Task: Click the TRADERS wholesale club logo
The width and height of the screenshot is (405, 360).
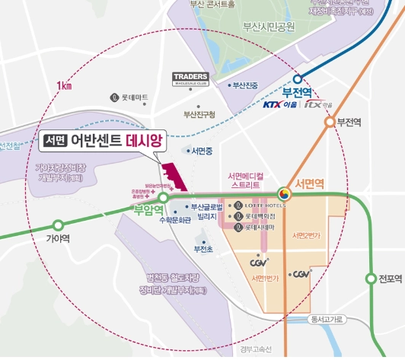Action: pos(191,80)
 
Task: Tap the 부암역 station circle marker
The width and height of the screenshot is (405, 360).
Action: pos(163,197)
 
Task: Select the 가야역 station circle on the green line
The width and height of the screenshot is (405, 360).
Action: pos(59,225)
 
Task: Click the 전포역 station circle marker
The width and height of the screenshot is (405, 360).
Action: pos(372,278)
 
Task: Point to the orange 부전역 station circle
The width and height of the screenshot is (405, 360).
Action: pos(330,122)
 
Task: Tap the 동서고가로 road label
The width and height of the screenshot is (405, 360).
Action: pos(329,319)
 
